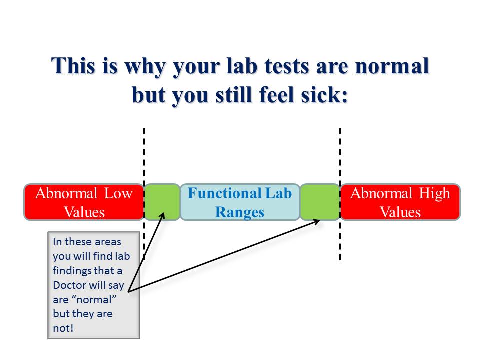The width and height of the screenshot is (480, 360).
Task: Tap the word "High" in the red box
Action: click(x=434, y=194)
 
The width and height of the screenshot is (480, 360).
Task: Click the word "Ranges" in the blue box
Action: click(x=239, y=213)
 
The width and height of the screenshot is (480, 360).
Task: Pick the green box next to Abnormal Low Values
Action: click(x=162, y=202)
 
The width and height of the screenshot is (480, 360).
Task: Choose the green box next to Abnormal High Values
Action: click(x=320, y=202)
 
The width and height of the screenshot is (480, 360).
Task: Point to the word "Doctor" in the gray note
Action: click(x=70, y=285)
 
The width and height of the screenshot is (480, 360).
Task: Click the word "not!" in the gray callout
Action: click(x=63, y=328)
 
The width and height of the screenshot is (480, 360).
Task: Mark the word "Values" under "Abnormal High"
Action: click(x=400, y=212)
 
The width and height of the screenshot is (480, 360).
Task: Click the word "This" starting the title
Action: click(x=73, y=66)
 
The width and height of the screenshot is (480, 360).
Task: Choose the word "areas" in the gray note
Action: click(x=108, y=242)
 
